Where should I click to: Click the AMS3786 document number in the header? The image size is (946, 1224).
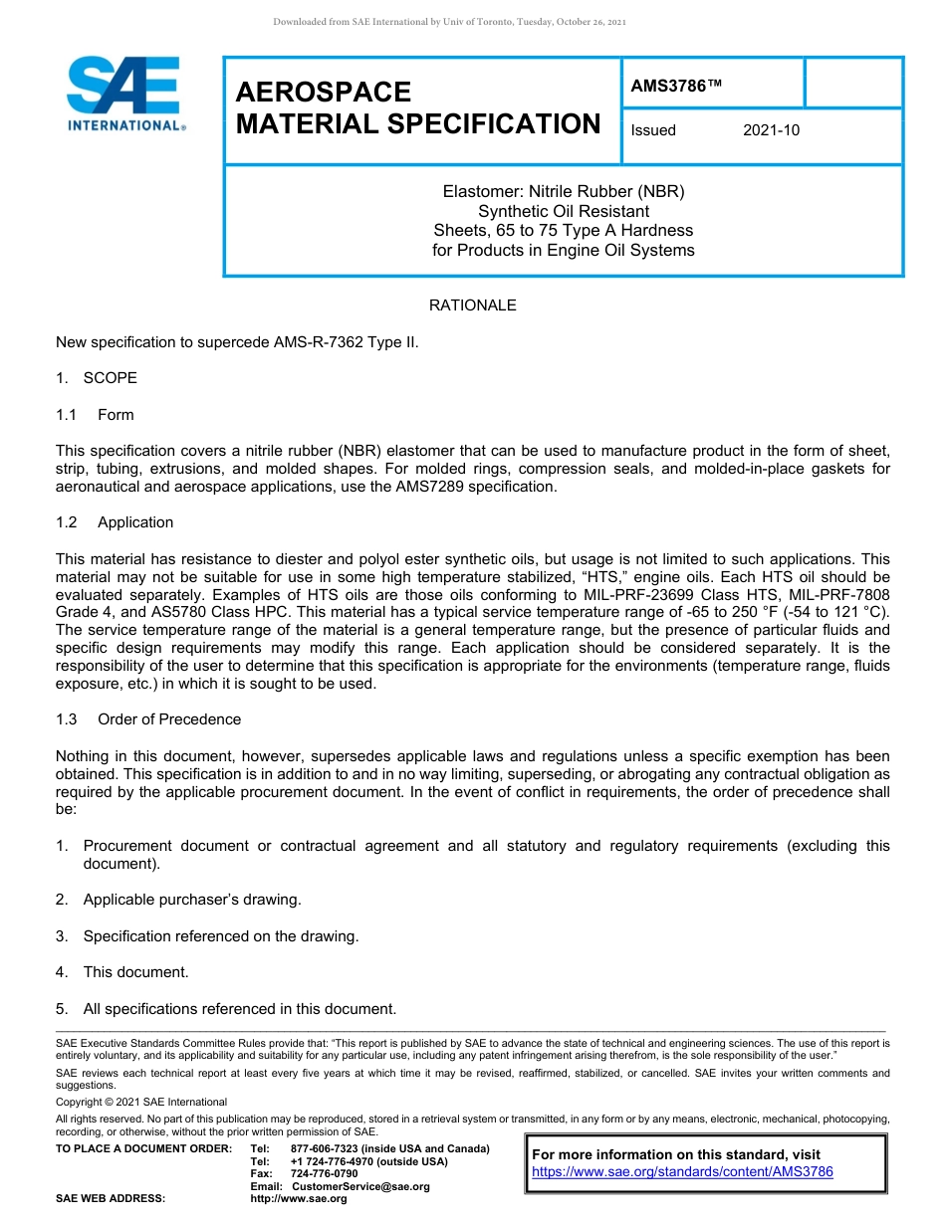coord(675,87)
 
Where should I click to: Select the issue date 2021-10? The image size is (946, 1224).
coord(771,130)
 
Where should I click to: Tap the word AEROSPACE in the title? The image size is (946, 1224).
coord(324,93)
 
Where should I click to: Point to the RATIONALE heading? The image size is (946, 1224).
coord(472,306)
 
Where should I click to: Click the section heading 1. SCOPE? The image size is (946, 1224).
coord(97,378)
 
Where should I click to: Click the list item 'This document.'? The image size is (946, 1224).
coord(135,972)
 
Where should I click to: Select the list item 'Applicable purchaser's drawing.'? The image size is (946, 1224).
coord(191,900)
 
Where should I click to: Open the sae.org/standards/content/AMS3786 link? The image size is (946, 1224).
coord(682,1172)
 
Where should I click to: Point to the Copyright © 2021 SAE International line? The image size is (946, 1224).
coord(141,1102)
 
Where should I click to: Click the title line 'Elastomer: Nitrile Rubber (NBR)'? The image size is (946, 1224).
coord(564,191)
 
